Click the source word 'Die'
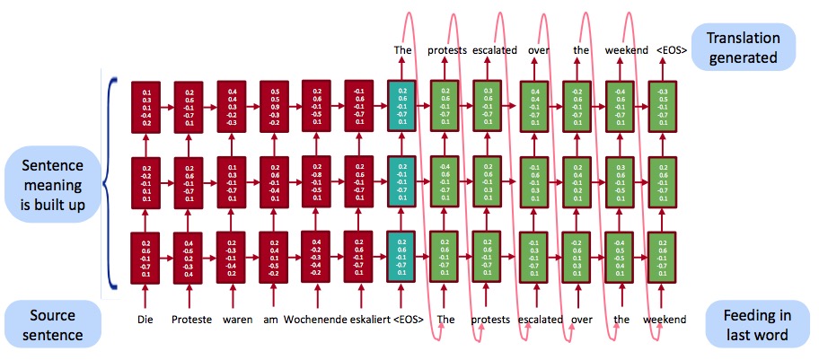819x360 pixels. point(145,320)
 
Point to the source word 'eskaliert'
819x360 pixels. point(366,320)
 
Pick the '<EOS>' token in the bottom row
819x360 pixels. point(409,320)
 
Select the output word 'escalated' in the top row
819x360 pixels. point(495,50)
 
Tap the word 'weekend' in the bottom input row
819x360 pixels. point(665,320)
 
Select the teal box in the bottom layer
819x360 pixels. point(401,257)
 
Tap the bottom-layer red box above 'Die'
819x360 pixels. point(145,257)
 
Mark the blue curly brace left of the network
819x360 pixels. point(110,184)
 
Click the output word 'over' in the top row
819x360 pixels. point(535,50)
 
